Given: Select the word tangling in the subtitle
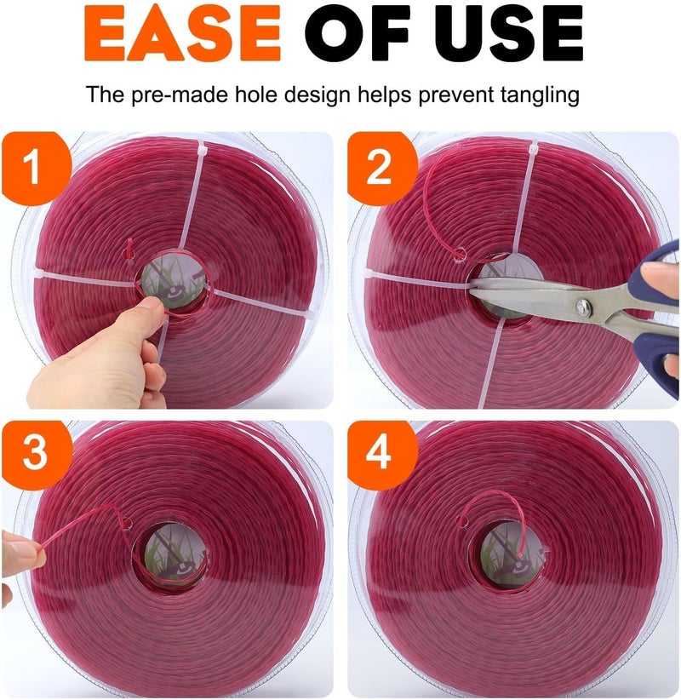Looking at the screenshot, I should point(537,93).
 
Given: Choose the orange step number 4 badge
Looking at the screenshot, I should point(379,455).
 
